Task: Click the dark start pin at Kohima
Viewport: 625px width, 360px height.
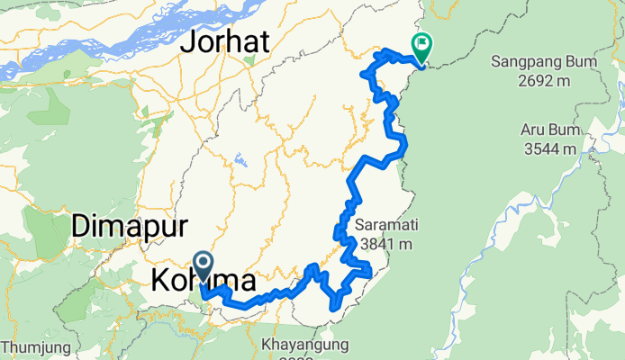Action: (x=204, y=265)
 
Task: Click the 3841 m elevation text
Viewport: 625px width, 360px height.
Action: (x=385, y=243)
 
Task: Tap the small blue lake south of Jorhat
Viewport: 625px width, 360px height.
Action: (x=241, y=163)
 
